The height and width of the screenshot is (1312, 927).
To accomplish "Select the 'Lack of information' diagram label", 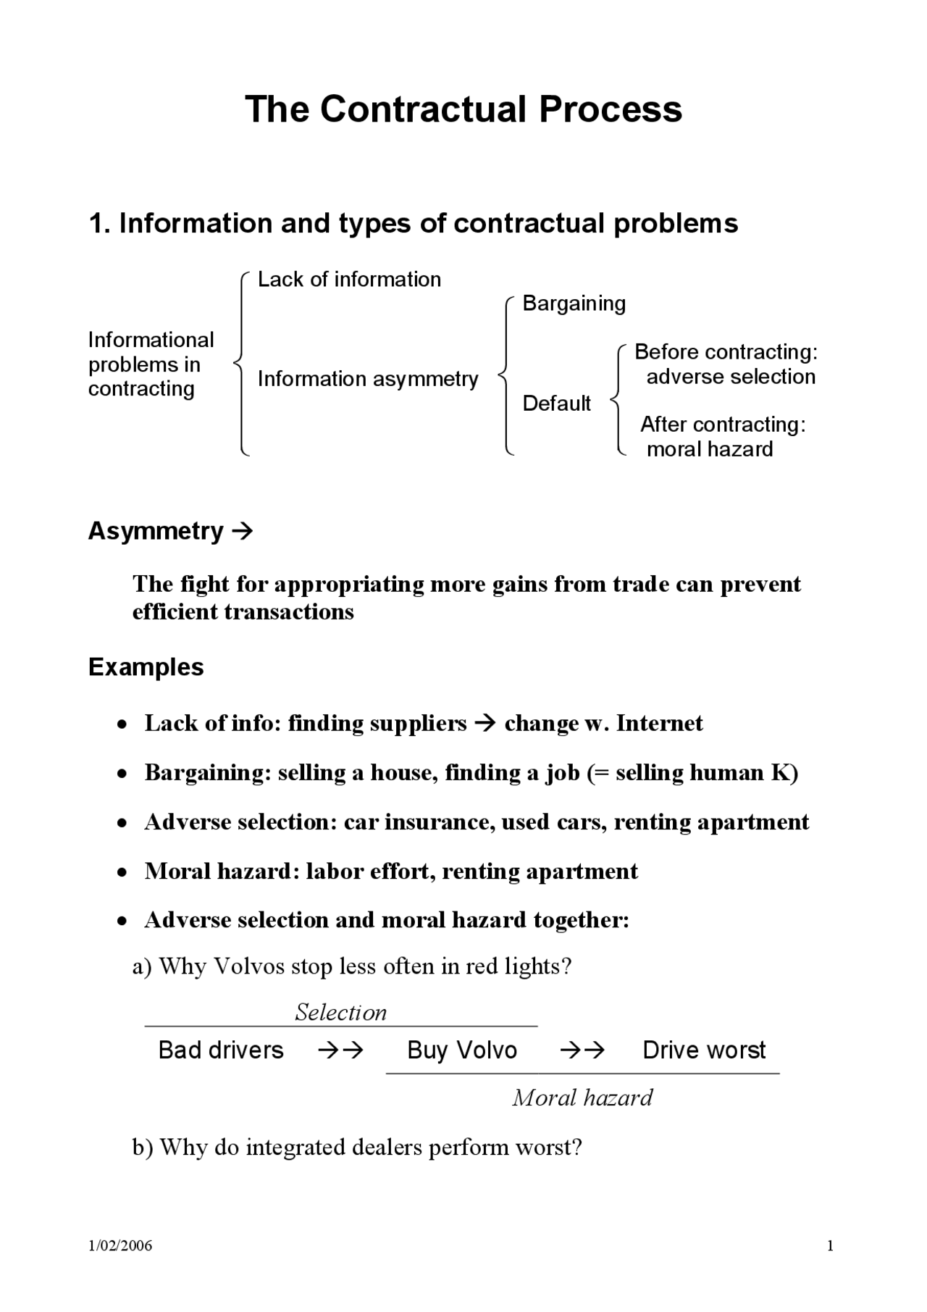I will [349, 280].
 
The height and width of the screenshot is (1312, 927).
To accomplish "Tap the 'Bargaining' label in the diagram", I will [574, 304].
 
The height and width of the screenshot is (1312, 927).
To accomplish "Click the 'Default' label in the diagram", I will [556, 404].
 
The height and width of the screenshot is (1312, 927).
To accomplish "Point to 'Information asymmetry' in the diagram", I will [368, 379].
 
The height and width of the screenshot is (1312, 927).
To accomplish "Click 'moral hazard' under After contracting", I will [709, 449].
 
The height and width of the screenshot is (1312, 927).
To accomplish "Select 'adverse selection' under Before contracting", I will [730, 377].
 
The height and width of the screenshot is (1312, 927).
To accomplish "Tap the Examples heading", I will [146, 667].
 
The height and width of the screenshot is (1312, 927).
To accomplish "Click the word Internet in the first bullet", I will [659, 723].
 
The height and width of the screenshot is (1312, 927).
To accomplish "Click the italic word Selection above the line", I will [340, 1012].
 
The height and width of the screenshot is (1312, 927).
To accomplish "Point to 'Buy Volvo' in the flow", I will [462, 1050].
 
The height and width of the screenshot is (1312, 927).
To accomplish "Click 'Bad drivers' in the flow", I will [221, 1050].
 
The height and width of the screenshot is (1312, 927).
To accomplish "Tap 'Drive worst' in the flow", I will [703, 1050].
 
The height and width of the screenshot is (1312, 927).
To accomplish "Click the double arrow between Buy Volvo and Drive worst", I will [582, 1050].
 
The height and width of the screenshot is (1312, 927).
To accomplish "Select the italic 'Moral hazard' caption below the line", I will [582, 1098].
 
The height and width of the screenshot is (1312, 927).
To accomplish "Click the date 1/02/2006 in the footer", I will [120, 1246].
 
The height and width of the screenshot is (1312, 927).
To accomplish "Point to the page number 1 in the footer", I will [830, 1246].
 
